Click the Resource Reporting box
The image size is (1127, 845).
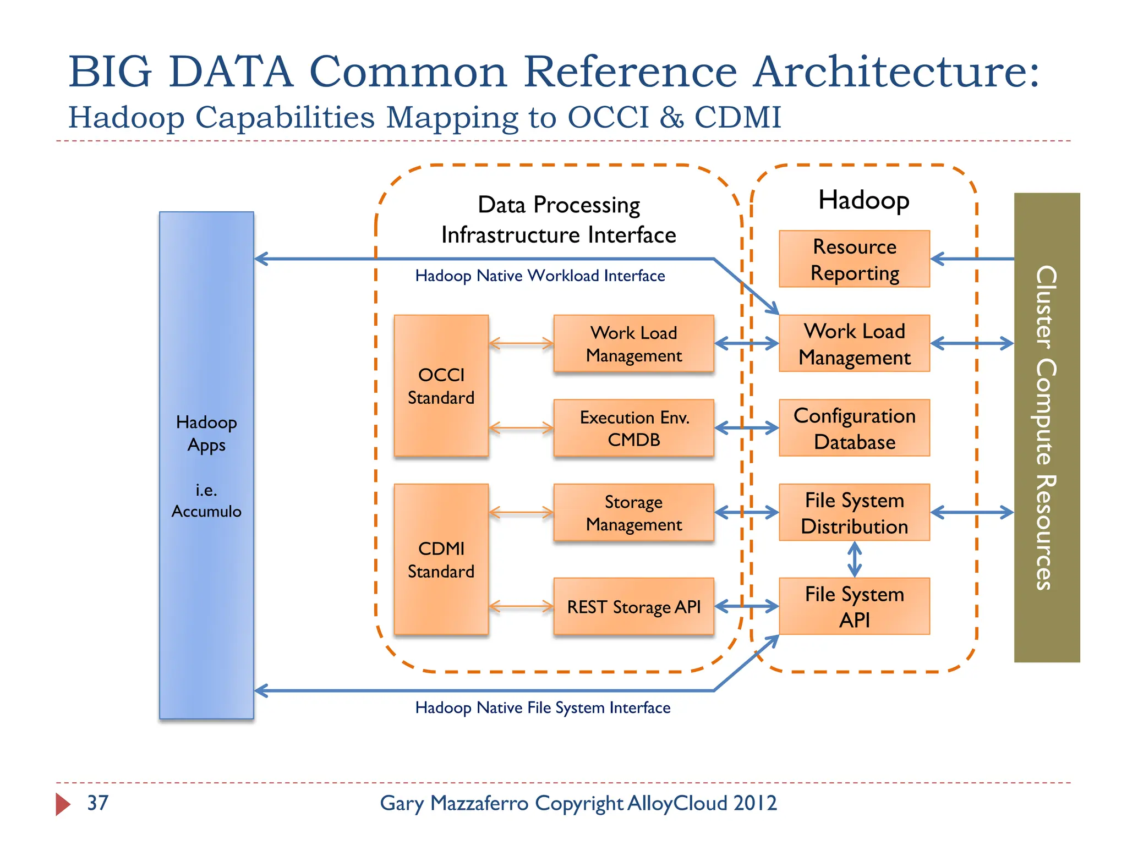coord(854,259)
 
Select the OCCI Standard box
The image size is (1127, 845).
coord(441,386)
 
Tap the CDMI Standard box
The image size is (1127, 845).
coord(441,559)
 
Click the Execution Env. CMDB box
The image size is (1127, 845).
coord(633,428)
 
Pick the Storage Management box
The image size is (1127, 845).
coord(633,513)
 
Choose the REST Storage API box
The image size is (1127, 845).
coord(633,606)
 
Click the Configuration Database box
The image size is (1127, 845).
coord(854,428)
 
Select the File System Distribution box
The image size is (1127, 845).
coord(854,513)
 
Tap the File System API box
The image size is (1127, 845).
coord(854,606)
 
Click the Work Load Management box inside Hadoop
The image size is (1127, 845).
coord(854,344)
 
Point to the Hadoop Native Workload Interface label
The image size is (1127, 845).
coord(540,276)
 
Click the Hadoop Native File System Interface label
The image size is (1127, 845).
coord(543,707)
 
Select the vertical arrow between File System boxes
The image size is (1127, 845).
coord(854,559)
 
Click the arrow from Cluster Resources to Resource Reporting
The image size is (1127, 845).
coord(972,259)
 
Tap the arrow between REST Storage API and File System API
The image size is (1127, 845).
coord(747,606)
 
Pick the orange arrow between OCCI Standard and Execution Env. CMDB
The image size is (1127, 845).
coord(521,428)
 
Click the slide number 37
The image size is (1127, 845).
coord(98,803)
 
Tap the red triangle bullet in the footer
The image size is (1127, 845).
coord(62,804)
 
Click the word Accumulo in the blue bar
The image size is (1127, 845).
coord(206,512)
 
